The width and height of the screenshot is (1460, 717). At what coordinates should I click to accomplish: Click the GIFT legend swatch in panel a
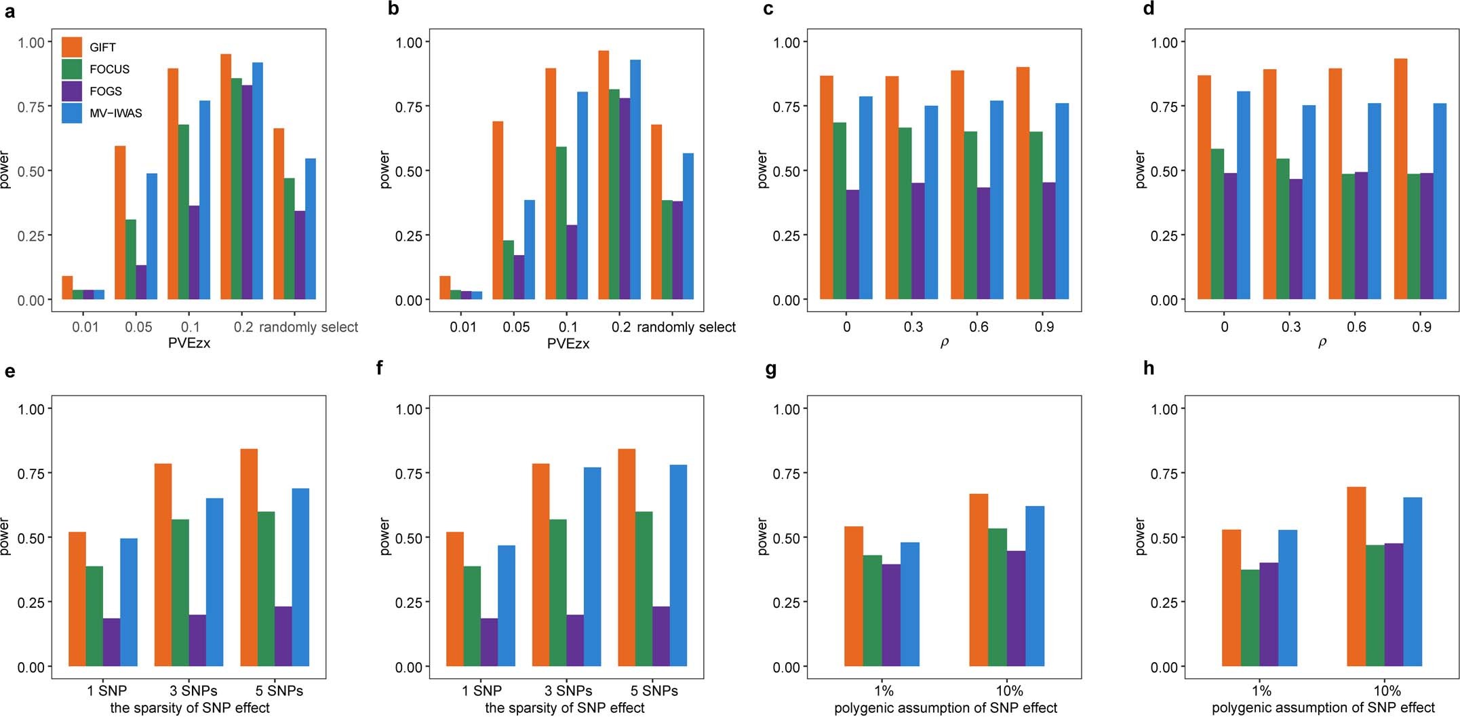(72, 47)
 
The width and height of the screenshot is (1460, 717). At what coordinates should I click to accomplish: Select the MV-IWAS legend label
(115, 113)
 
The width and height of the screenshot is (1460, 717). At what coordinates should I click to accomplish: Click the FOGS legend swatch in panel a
(72, 91)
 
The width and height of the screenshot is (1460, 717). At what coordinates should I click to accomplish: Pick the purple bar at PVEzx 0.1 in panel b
(572, 262)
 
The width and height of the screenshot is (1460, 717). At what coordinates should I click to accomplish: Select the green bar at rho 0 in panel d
(1217, 224)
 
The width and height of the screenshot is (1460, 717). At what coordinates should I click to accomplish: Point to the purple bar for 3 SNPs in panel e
(197, 640)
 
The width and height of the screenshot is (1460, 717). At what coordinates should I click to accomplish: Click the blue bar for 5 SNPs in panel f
(678, 565)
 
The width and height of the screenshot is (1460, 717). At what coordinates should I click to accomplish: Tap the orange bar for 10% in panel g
(979, 580)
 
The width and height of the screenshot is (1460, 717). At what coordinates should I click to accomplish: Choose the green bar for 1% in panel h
(1250, 618)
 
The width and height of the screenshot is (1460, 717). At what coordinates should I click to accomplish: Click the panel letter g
(770, 370)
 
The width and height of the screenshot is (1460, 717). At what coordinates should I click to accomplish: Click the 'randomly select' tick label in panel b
(686, 327)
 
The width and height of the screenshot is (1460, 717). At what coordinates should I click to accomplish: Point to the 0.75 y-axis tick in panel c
(787, 106)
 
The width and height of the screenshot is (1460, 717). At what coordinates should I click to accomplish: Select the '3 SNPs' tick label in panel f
(568, 691)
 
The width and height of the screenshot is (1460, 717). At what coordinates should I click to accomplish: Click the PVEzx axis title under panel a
(189, 344)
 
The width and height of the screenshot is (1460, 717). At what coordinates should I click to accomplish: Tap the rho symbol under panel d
(1322, 344)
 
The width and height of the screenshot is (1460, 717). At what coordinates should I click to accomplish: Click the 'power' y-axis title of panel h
(1141, 536)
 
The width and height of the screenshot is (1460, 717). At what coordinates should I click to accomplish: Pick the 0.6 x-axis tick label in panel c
(979, 327)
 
